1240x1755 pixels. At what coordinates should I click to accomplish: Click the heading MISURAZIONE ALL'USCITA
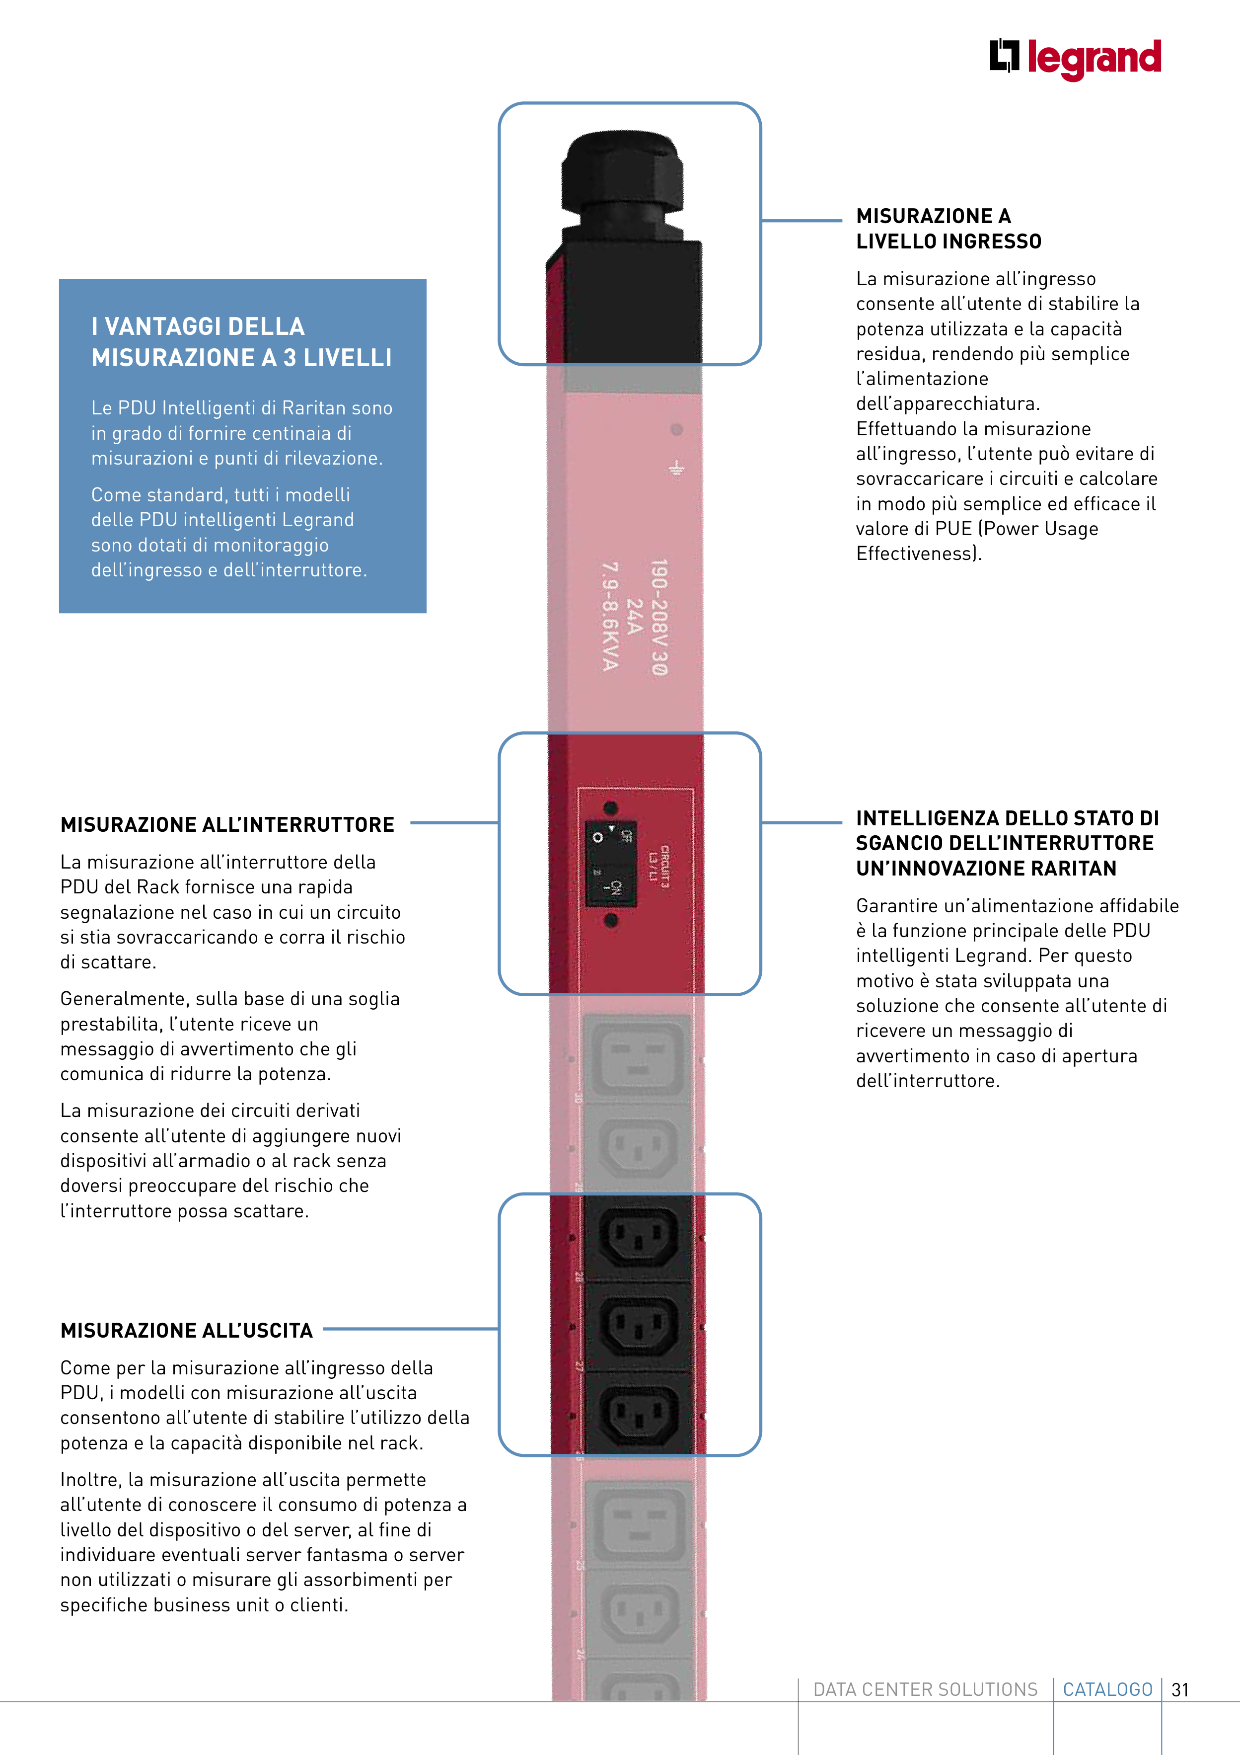(x=186, y=1331)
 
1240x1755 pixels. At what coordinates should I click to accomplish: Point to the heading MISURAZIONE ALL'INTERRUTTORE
(x=227, y=825)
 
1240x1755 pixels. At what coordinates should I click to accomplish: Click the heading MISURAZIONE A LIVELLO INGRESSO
(x=948, y=229)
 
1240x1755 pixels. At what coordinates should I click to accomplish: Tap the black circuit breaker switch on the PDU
(x=610, y=864)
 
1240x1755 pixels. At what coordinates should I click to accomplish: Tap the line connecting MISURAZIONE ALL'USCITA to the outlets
(x=411, y=1329)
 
